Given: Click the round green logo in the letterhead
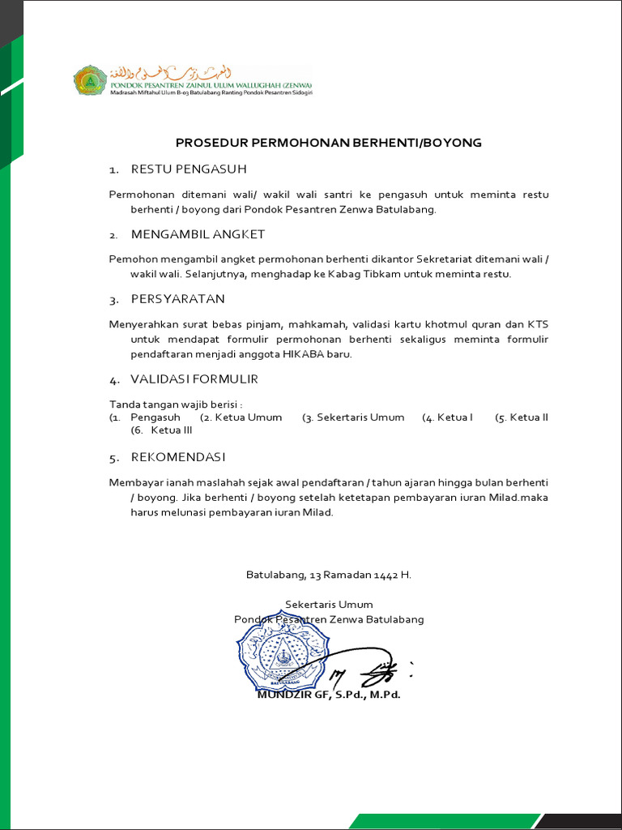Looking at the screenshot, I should (x=90, y=81).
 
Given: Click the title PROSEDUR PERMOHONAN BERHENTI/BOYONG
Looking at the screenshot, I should (x=329, y=143).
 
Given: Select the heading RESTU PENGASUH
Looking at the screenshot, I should (x=188, y=169).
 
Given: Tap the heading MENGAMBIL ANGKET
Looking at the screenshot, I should (x=198, y=234).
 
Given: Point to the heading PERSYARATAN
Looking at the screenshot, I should (x=177, y=299).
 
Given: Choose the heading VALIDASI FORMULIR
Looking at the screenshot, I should (x=194, y=379).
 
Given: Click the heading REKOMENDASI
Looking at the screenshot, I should (x=178, y=457).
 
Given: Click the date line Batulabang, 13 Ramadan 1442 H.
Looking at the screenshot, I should (x=329, y=575).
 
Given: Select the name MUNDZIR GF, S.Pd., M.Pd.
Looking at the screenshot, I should (x=329, y=695).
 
